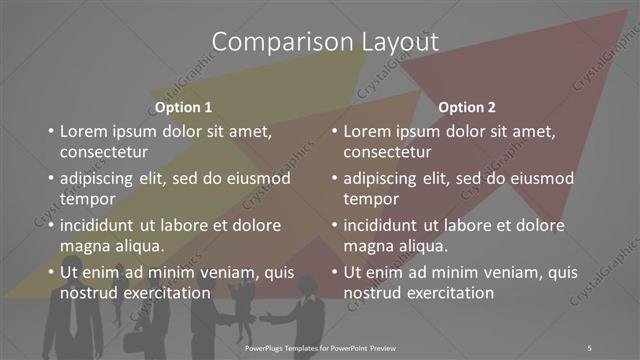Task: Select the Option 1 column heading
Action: pyautogui.click(x=184, y=107)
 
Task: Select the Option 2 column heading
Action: pyautogui.click(x=467, y=107)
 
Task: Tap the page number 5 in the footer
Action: pyautogui.click(x=589, y=346)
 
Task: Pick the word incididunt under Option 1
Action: pyautogui.click(x=101, y=225)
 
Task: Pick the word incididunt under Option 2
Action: pyautogui.click(x=384, y=225)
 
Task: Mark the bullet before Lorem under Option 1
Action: pyautogui.click(x=50, y=131)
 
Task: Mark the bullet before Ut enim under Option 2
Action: pyautogui.click(x=333, y=272)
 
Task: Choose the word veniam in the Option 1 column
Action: pyautogui.click(x=209, y=271)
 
